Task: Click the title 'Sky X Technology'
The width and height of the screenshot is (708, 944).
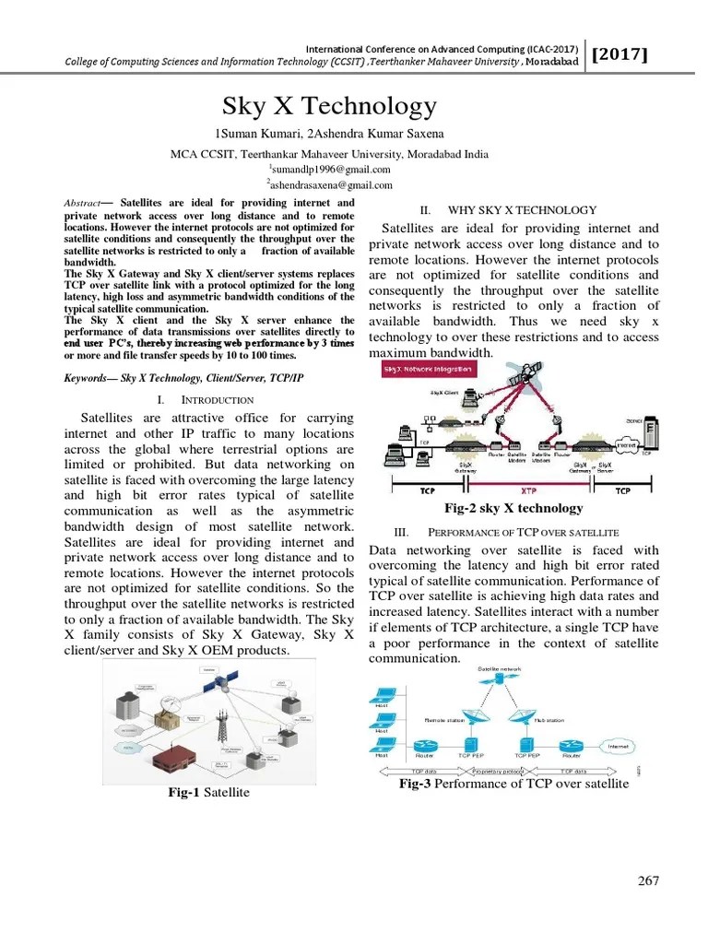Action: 330,106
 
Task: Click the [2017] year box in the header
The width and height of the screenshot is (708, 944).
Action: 619,54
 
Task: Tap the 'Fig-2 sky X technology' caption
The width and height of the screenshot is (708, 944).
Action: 513,508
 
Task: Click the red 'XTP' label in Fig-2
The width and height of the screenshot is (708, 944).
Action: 528,491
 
